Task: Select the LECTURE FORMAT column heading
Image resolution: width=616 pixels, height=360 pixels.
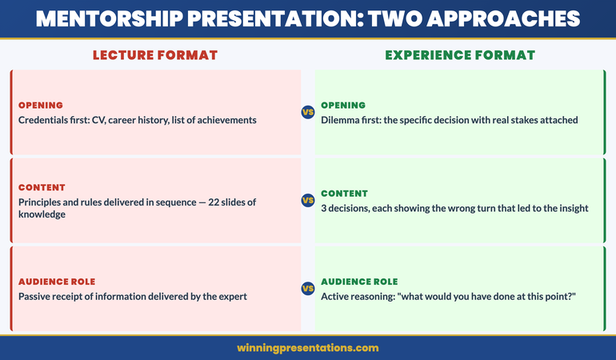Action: [x=155, y=55]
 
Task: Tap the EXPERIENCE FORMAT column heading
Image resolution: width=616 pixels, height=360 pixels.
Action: [x=460, y=55]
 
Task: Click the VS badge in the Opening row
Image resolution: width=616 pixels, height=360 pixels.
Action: [x=308, y=113]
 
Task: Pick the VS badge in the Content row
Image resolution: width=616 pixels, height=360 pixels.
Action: [x=308, y=201]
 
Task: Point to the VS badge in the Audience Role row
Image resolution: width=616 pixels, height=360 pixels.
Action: [x=308, y=289]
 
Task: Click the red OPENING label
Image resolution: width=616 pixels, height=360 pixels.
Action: [x=40, y=106]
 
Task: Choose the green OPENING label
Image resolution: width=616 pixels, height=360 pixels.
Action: [x=343, y=106]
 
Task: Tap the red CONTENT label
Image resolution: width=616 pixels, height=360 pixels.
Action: [x=42, y=187]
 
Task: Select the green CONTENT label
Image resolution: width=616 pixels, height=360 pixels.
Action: [x=345, y=194]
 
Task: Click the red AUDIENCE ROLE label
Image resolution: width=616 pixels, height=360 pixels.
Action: [x=57, y=282]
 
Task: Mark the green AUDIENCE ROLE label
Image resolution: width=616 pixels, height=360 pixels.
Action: [x=359, y=282]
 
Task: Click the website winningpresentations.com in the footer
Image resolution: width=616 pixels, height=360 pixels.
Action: [x=308, y=348]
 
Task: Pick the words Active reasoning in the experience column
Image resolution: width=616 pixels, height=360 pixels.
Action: [x=359, y=296]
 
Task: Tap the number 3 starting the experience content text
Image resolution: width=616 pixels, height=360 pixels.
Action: [x=324, y=208]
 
